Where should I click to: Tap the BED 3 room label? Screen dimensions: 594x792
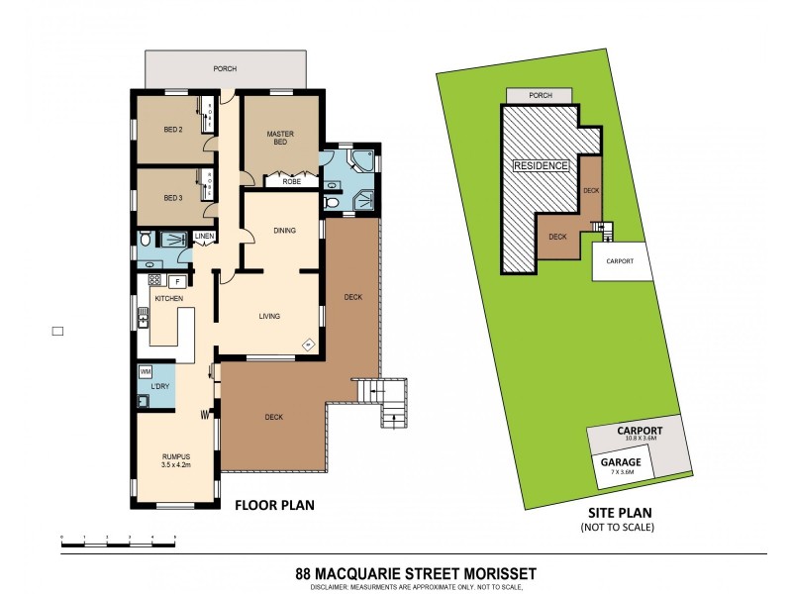(173, 197)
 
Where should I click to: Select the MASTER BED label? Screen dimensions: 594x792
(281, 138)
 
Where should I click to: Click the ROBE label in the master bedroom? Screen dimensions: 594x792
(292, 181)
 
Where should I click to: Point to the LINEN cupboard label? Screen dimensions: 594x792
(204, 236)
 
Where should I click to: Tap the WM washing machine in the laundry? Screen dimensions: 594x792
(146, 371)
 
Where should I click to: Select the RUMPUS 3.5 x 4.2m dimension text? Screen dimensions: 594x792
(174, 458)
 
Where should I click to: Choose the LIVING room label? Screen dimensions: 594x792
(270, 317)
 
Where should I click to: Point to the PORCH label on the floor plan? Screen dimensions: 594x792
(226, 69)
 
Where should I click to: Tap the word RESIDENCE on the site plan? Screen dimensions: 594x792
(541, 166)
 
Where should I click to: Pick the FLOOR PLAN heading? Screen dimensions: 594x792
(273, 505)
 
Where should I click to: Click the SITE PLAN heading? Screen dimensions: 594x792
(618, 515)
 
